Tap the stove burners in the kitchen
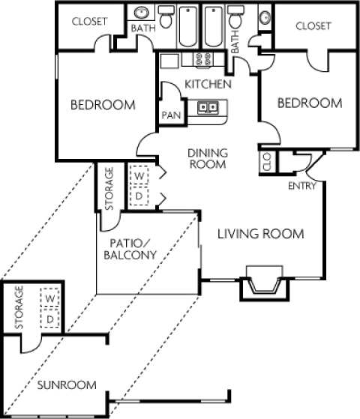point(201,59)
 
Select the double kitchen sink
point(208,108)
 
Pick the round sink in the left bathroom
point(141,14)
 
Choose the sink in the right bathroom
point(263,16)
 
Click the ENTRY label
point(302,185)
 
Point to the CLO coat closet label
point(267,162)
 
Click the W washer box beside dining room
point(138,176)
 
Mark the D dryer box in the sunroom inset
point(50,320)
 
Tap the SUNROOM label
point(67,385)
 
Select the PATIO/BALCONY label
point(131,248)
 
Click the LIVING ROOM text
point(260,235)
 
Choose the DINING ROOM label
point(207,158)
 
